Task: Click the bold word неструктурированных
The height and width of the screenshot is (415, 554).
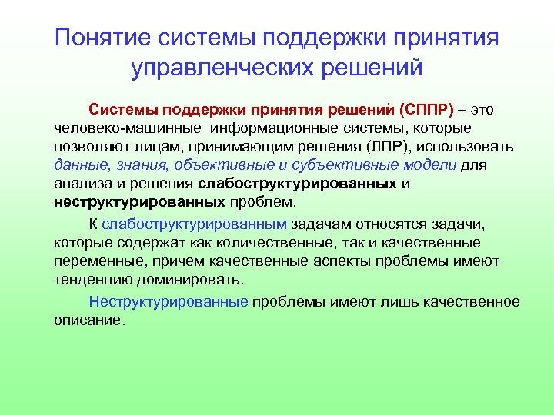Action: click(x=139, y=203)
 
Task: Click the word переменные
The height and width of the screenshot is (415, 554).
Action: click(x=95, y=261)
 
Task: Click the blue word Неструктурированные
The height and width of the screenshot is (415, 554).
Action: click(x=169, y=301)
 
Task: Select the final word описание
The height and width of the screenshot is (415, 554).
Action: click(x=88, y=320)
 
